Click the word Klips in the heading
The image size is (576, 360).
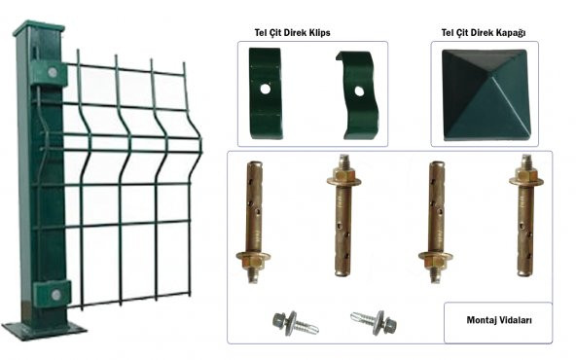[319, 33]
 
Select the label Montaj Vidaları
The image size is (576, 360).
[499, 320]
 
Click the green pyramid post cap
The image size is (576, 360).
[487, 95]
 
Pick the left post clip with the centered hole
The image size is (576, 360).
[266, 93]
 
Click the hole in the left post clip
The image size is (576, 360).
[266, 89]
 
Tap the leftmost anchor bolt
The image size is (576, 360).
[254, 222]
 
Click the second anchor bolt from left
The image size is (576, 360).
[343, 215]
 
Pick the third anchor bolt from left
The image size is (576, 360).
[436, 222]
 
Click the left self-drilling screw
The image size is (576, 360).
[295, 323]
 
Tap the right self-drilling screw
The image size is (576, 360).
[374, 322]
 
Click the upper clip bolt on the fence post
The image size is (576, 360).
[53, 72]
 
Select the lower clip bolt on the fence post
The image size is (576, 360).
[55, 294]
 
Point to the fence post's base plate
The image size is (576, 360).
[44, 330]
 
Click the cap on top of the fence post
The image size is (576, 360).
[39, 28]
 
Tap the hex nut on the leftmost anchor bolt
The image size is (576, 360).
[254, 262]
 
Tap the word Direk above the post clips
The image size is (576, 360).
[295, 33]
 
